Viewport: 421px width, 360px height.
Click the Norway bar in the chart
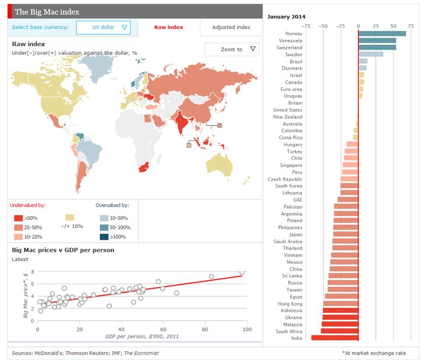[x=382, y=34]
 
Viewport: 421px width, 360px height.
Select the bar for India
[x=335, y=338]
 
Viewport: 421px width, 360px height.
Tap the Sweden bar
[x=371, y=54]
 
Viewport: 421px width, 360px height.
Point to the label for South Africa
[x=289, y=332]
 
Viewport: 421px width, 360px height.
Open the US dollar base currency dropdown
[x=107, y=27]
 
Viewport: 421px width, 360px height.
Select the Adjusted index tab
[x=231, y=27]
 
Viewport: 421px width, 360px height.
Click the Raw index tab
[x=168, y=27]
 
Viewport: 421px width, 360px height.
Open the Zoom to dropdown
[x=232, y=49]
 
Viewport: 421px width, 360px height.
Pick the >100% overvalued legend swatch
[x=103, y=237]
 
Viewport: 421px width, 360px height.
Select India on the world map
[x=180, y=122]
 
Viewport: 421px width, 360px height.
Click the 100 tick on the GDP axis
[x=247, y=330]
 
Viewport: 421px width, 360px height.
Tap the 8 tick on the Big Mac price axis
[x=33, y=272]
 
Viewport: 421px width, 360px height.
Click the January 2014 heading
[x=286, y=16]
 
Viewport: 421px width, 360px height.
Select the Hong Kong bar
[x=341, y=304]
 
